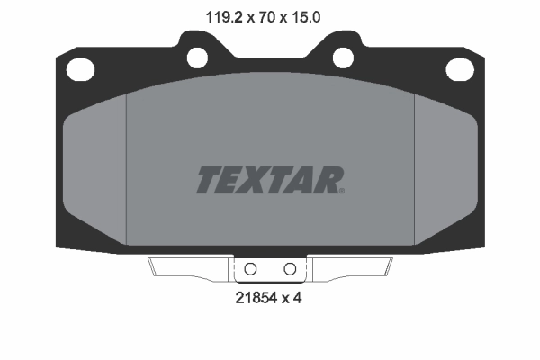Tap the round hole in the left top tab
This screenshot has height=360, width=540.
pos(197,56)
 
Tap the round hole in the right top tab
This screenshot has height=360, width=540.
pos(343,56)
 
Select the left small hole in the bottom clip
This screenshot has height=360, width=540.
pos(251,269)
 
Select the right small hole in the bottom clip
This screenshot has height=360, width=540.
pos(290,269)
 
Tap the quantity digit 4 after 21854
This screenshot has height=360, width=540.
pos(296,298)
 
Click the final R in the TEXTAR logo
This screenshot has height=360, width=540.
pos(327,180)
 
